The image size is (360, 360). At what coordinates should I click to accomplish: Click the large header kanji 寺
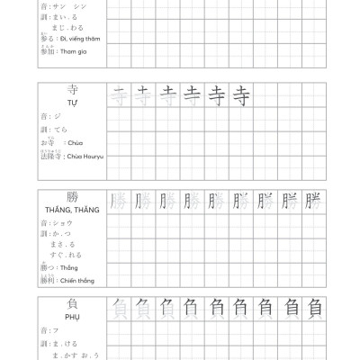click(73, 91)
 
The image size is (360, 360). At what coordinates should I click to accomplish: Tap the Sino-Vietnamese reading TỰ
click(73, 104)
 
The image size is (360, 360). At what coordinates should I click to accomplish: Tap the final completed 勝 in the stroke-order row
click(313, 201)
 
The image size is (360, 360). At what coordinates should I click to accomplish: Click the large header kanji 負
click(73, 306)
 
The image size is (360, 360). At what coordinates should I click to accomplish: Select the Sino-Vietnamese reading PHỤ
click(73, 319)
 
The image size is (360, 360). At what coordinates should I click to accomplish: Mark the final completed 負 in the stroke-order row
click(313, 309)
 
